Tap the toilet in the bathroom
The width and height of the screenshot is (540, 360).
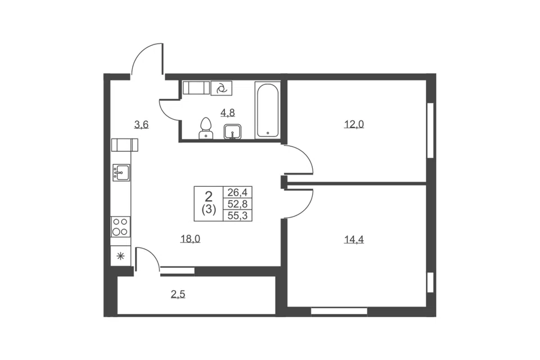tap(206, 128)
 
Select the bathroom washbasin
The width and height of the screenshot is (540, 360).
tap(232, 132)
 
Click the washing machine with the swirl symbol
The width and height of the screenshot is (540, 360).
tap(221, 88)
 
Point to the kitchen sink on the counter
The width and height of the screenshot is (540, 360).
tap(121, 172)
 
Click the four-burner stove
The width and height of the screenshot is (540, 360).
tap(120, 227)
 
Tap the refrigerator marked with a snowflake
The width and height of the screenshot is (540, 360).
tap(120, 256)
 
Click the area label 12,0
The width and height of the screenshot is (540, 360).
tap(354, 124)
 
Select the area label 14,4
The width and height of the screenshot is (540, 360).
tap(354, 239)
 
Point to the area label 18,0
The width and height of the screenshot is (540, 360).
tap(191, 238)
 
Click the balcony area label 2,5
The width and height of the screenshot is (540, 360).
tap(178, 294)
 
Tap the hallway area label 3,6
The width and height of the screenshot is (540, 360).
tap(141, 124)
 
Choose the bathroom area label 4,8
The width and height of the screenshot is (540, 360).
tap(228, 112)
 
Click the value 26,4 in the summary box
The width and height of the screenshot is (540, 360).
tap(237, 192)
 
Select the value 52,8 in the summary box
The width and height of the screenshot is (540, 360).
tap(237, 204)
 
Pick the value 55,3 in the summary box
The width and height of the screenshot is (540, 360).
tap(237, 215)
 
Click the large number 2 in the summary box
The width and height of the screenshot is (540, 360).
tap(209, 197)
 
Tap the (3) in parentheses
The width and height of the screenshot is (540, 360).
tap(209, 209)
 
